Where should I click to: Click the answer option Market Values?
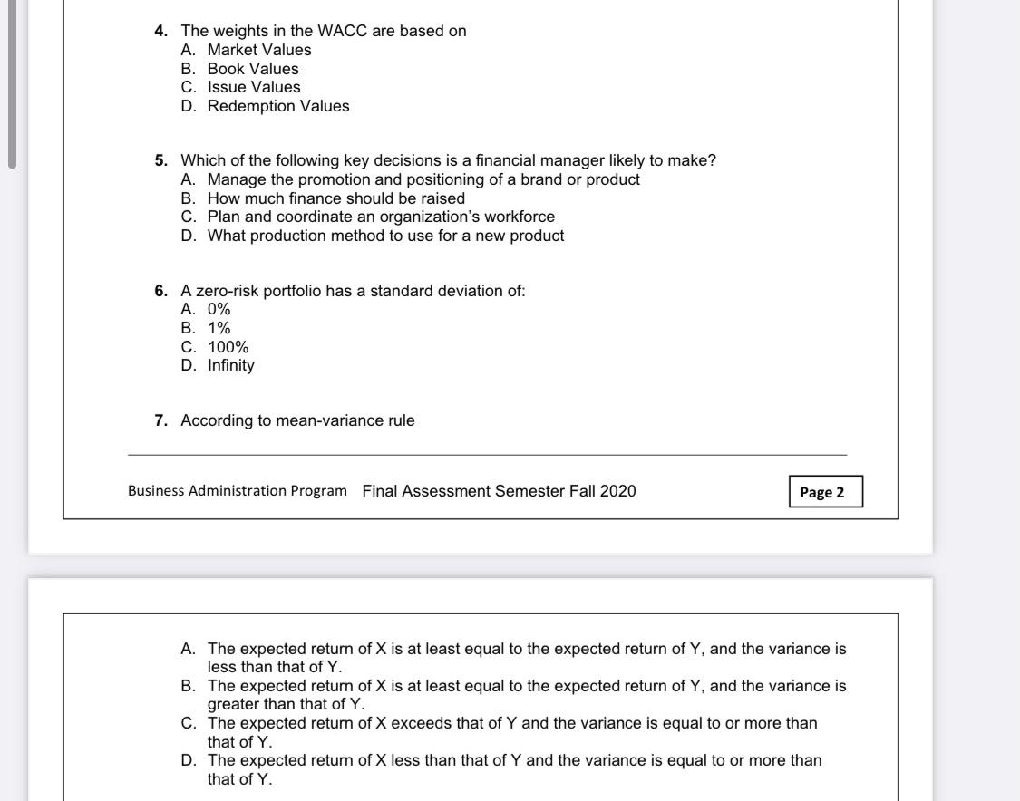(x=258, y=50)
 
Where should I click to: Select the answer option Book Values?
(x=252, y=69)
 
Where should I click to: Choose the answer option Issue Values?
(x=253, y=87)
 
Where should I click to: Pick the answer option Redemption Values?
(x=277, y=106)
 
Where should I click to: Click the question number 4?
(x=160, y=31)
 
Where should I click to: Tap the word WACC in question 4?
(x=342, y=31)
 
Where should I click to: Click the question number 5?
(x=160, y=160)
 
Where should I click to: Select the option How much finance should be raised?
(x=335, y=198)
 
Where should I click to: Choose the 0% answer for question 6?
(x=219, y=309)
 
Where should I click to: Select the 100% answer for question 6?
(x=228, y=347)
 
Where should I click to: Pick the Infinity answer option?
(x=230, y=365)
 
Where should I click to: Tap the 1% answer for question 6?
(x=219, y=328)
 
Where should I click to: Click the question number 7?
(x=160, y=420)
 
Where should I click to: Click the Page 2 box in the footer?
(x=825, y=492)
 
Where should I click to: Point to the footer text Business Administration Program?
(x=237, y=491)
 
